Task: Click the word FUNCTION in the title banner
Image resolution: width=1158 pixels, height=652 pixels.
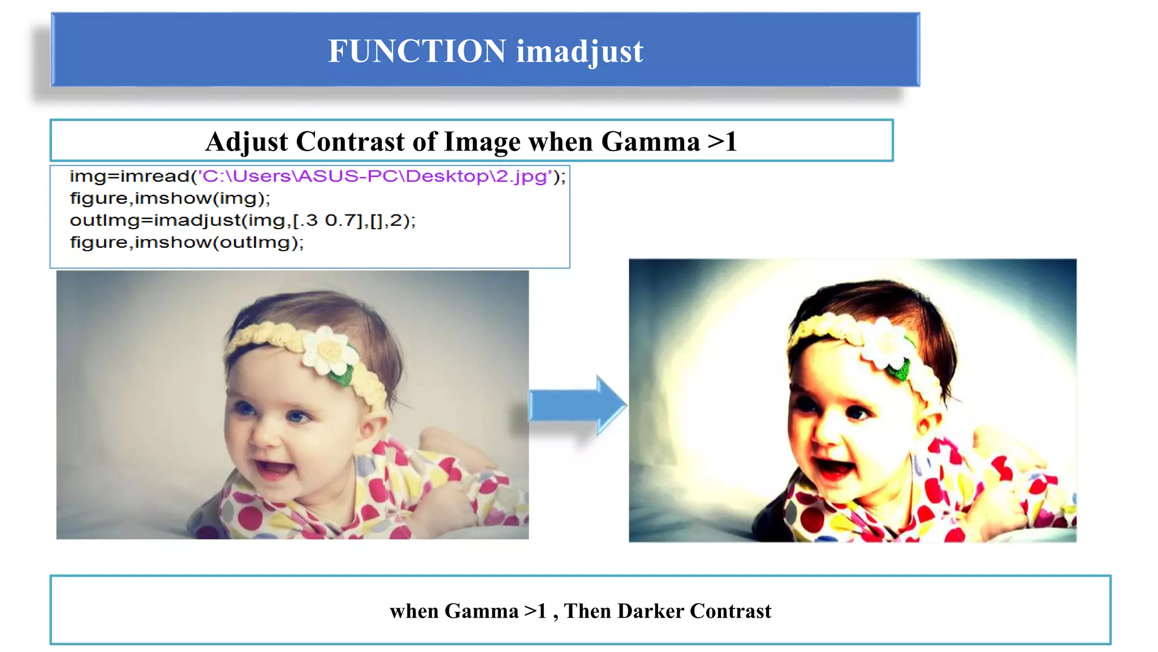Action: tap(417, 51)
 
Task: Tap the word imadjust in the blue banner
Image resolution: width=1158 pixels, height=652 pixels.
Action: tap(580, 52)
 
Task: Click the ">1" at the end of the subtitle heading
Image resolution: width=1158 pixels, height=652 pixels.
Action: tap(722, 141)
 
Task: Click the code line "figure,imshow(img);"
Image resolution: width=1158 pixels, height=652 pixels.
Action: tap(170, 199)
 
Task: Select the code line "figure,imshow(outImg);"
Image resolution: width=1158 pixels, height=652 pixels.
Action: tap(187, 243)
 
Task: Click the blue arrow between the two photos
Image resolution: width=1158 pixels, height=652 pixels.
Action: tap(577, 405)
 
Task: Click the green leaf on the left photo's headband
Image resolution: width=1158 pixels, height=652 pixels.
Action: tap(341, 374)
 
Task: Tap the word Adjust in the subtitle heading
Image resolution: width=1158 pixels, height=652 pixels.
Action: tap(247, 141)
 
